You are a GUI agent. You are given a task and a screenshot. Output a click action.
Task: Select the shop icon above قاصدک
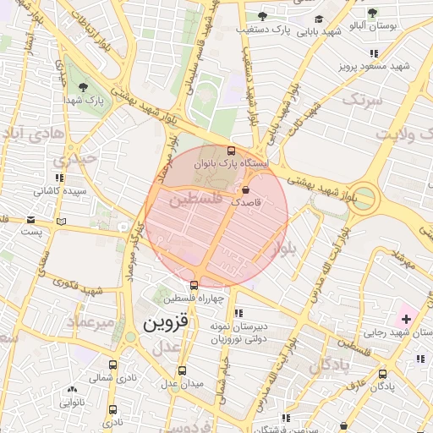click(246, 189)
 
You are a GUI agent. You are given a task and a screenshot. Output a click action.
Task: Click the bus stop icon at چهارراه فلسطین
click(195, 285)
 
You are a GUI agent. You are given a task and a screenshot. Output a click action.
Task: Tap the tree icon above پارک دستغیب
click(262, 16)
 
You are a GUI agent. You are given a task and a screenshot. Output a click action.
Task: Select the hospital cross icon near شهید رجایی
click(407, 319)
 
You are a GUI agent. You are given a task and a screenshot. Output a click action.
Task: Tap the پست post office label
click(32, 231)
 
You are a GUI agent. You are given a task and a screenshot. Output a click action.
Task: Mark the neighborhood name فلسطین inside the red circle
click(195, 200)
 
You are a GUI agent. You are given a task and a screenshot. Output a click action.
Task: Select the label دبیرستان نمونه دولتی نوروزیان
click(238, 332)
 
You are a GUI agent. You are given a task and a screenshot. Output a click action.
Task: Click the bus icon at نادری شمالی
click(112, 365)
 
